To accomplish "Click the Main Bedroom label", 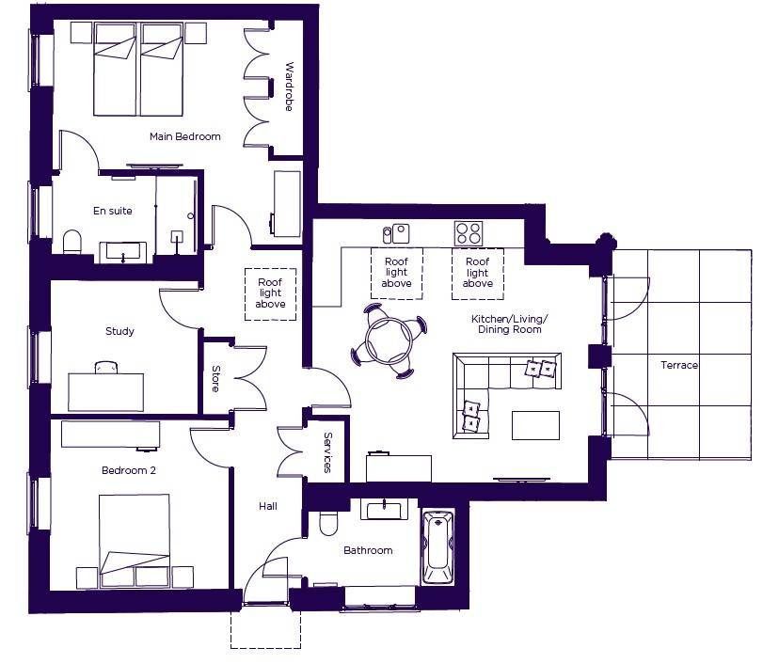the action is point(185,136).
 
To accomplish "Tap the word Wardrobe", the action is point(289,87).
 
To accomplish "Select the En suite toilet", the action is point(72,242).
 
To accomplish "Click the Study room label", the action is point(119,331).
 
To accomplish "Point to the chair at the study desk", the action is point(106,367).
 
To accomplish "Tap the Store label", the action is point(215,379).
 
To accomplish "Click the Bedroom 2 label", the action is point(129,470).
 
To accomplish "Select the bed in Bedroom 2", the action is point(135,540).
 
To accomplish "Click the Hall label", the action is point(268,506).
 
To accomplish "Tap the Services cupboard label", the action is point(327,452).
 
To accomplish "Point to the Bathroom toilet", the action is point(328,523).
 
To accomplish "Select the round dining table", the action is point(389,340).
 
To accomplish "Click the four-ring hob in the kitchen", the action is point(469,233).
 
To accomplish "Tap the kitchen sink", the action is point(396,234).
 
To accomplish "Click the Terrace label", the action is point(679,365).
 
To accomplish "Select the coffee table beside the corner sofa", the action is point(535,426).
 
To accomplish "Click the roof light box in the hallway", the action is point(270,294).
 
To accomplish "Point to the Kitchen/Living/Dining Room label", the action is point(510,324).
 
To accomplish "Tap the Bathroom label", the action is point(368,550).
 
